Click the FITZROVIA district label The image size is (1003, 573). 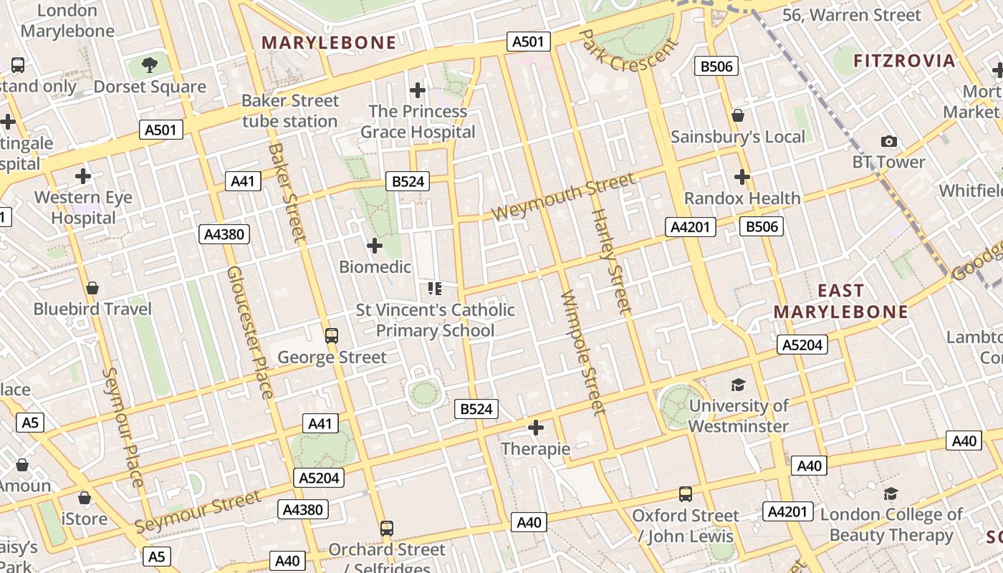coord(904,61)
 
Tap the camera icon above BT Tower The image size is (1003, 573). coord(888,141)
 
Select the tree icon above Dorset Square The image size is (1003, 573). coord(150,66)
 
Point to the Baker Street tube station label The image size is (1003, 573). coord(289,111)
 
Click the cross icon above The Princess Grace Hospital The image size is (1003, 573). coord(418,90)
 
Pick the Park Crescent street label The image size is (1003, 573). coord(629,51)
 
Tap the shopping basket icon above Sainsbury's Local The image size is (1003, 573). coord(738,115)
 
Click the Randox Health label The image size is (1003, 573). coord(742,198)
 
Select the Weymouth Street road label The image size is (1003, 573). coord(563,196)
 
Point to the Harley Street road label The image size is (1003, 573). coord(611,261)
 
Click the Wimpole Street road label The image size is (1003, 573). coord(585,352)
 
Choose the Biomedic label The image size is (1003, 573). coord(375,267)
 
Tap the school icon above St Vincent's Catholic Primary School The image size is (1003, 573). coord(434,289)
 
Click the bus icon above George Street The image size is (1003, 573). coord(331,335)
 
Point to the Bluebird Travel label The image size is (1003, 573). coord(93,309)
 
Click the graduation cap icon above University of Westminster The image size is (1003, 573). coord(738,385)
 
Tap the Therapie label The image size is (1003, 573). coord(536,449)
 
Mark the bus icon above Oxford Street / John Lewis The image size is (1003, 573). coord(686,494)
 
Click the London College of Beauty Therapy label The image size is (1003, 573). coord(891,524)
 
